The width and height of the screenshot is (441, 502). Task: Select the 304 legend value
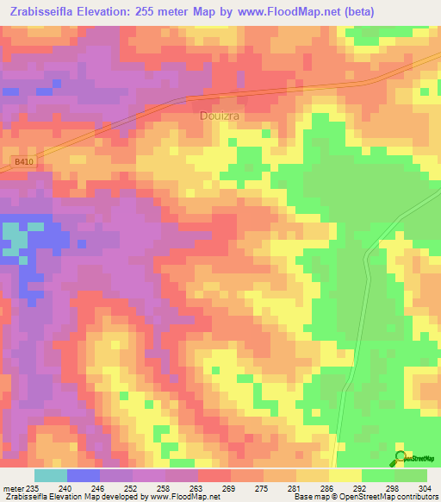click(x=421, y=487)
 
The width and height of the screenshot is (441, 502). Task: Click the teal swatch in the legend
click(x=50, y=475)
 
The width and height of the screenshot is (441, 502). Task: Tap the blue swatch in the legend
click(x=83, y=475)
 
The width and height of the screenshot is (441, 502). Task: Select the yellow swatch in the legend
click(x=345, y=475)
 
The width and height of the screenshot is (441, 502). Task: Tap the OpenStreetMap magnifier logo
click(x=401, y=457)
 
